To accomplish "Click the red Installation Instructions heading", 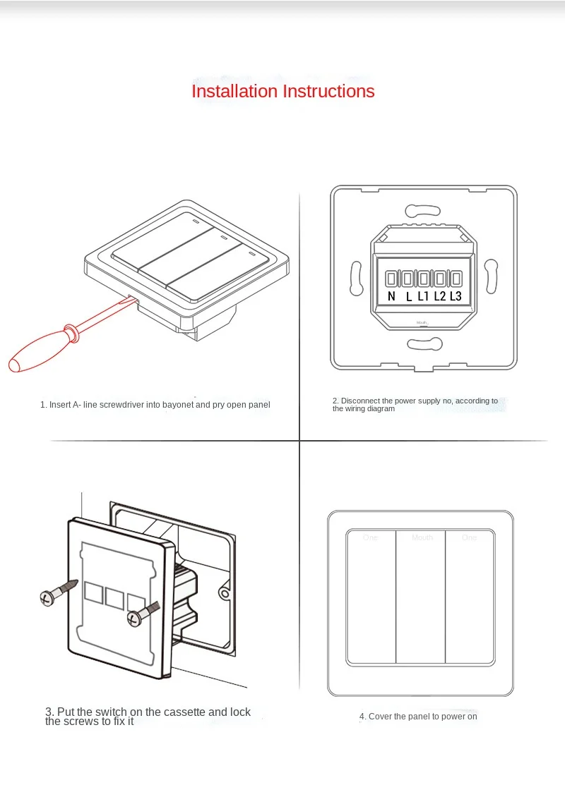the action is [283, 91].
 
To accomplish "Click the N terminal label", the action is [391, 296].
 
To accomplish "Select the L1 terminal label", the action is [423, 296].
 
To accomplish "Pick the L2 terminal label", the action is [439, 296].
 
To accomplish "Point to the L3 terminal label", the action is [456, 296].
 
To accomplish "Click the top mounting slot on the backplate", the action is [424, 210].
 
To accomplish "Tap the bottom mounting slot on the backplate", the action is [424, 343].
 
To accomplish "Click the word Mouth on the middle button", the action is [422, 537].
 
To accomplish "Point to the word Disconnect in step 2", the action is [359, 401].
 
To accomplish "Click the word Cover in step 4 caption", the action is [381, 717].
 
